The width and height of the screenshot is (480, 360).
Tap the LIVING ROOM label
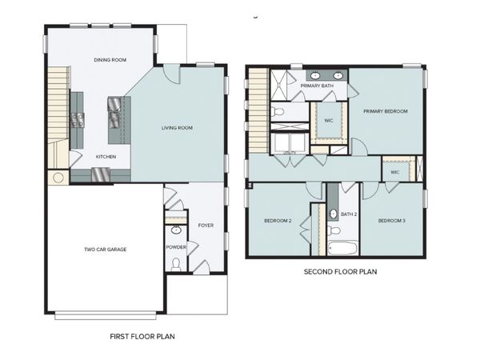coord(177,128)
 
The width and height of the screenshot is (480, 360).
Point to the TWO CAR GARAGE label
coord(106,249)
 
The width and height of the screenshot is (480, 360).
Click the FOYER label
coord(205,226)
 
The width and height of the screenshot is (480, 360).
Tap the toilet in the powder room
coord(176,265)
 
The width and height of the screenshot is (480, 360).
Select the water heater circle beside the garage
coord(59,178)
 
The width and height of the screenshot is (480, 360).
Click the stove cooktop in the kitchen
coord(79,121)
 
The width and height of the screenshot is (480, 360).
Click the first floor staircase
coord(57,104)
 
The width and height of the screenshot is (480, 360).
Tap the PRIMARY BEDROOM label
coord(385,110)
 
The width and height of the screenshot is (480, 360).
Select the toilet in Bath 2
coord(333,230)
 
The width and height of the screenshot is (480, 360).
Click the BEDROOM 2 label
coord(278,221)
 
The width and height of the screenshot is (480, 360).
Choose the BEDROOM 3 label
coord(392,221)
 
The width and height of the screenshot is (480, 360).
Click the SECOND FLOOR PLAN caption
coord(340,272)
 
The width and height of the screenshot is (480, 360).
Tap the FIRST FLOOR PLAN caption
coord(142,337)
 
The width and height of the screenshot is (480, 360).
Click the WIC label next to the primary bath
coord(328,121)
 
